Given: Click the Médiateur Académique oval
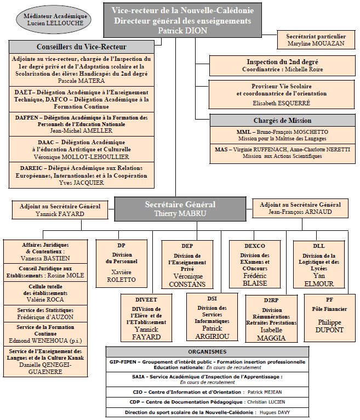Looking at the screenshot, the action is coord(54,20).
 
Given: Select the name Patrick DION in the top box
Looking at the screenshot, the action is coord(182,31).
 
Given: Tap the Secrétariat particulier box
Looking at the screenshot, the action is coord(316,40).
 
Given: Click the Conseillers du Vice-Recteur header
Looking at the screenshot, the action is coord(82,47).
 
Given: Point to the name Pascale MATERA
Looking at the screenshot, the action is coord(81,81).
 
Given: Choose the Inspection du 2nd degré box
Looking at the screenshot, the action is coord(282,66).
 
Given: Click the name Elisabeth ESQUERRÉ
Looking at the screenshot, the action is coord(282,103).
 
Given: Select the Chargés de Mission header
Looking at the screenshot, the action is coord(283,121).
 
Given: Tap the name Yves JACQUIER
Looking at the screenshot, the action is coord(81,183).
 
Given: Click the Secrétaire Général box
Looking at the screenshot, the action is coord(180,209).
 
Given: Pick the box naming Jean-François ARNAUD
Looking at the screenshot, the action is coord(300,208).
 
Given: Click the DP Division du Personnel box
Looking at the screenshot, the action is coord(122,264).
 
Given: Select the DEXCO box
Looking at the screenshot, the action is coord(255,264).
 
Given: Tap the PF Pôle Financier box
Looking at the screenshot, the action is coord(329,317).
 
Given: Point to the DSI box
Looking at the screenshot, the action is coord(212,317).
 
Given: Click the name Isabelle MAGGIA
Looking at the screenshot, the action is coord(271,334).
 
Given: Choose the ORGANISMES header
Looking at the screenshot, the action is coord(207,351).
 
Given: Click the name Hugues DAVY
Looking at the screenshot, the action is coord(275,412).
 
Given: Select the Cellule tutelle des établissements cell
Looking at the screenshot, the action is coord(45,293).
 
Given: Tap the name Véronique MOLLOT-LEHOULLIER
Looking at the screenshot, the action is coord(81,157).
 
